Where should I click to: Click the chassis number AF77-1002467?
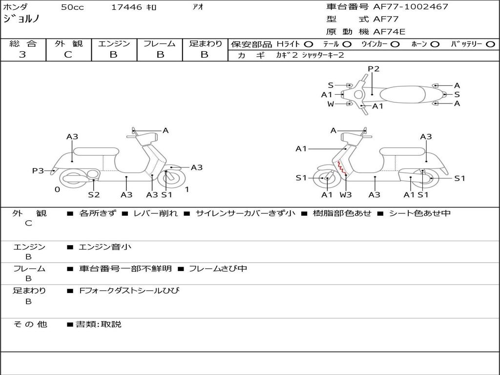(411, 6)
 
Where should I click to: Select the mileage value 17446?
(126, 7)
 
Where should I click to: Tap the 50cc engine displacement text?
(72, 7)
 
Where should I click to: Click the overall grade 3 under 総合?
(22, 54)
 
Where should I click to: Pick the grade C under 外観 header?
(68, 54)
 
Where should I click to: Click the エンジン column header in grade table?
(114, 43)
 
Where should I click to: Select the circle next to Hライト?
(309, 44)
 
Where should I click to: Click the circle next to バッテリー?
(490, 44)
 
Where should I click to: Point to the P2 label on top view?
(374, 68)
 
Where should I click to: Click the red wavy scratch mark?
(342, 168)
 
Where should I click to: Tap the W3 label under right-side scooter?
(345, 194)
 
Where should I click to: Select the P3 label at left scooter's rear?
(38, 170)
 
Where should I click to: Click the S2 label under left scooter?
(94, 194)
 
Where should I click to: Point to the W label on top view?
(331, 104)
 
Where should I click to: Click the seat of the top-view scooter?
(402, 94)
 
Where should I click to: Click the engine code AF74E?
(389, 32)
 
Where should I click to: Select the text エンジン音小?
(105, 247)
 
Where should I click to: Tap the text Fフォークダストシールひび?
(129, 291)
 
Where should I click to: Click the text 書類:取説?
(99, 324)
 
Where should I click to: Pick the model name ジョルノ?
(21, 19)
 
